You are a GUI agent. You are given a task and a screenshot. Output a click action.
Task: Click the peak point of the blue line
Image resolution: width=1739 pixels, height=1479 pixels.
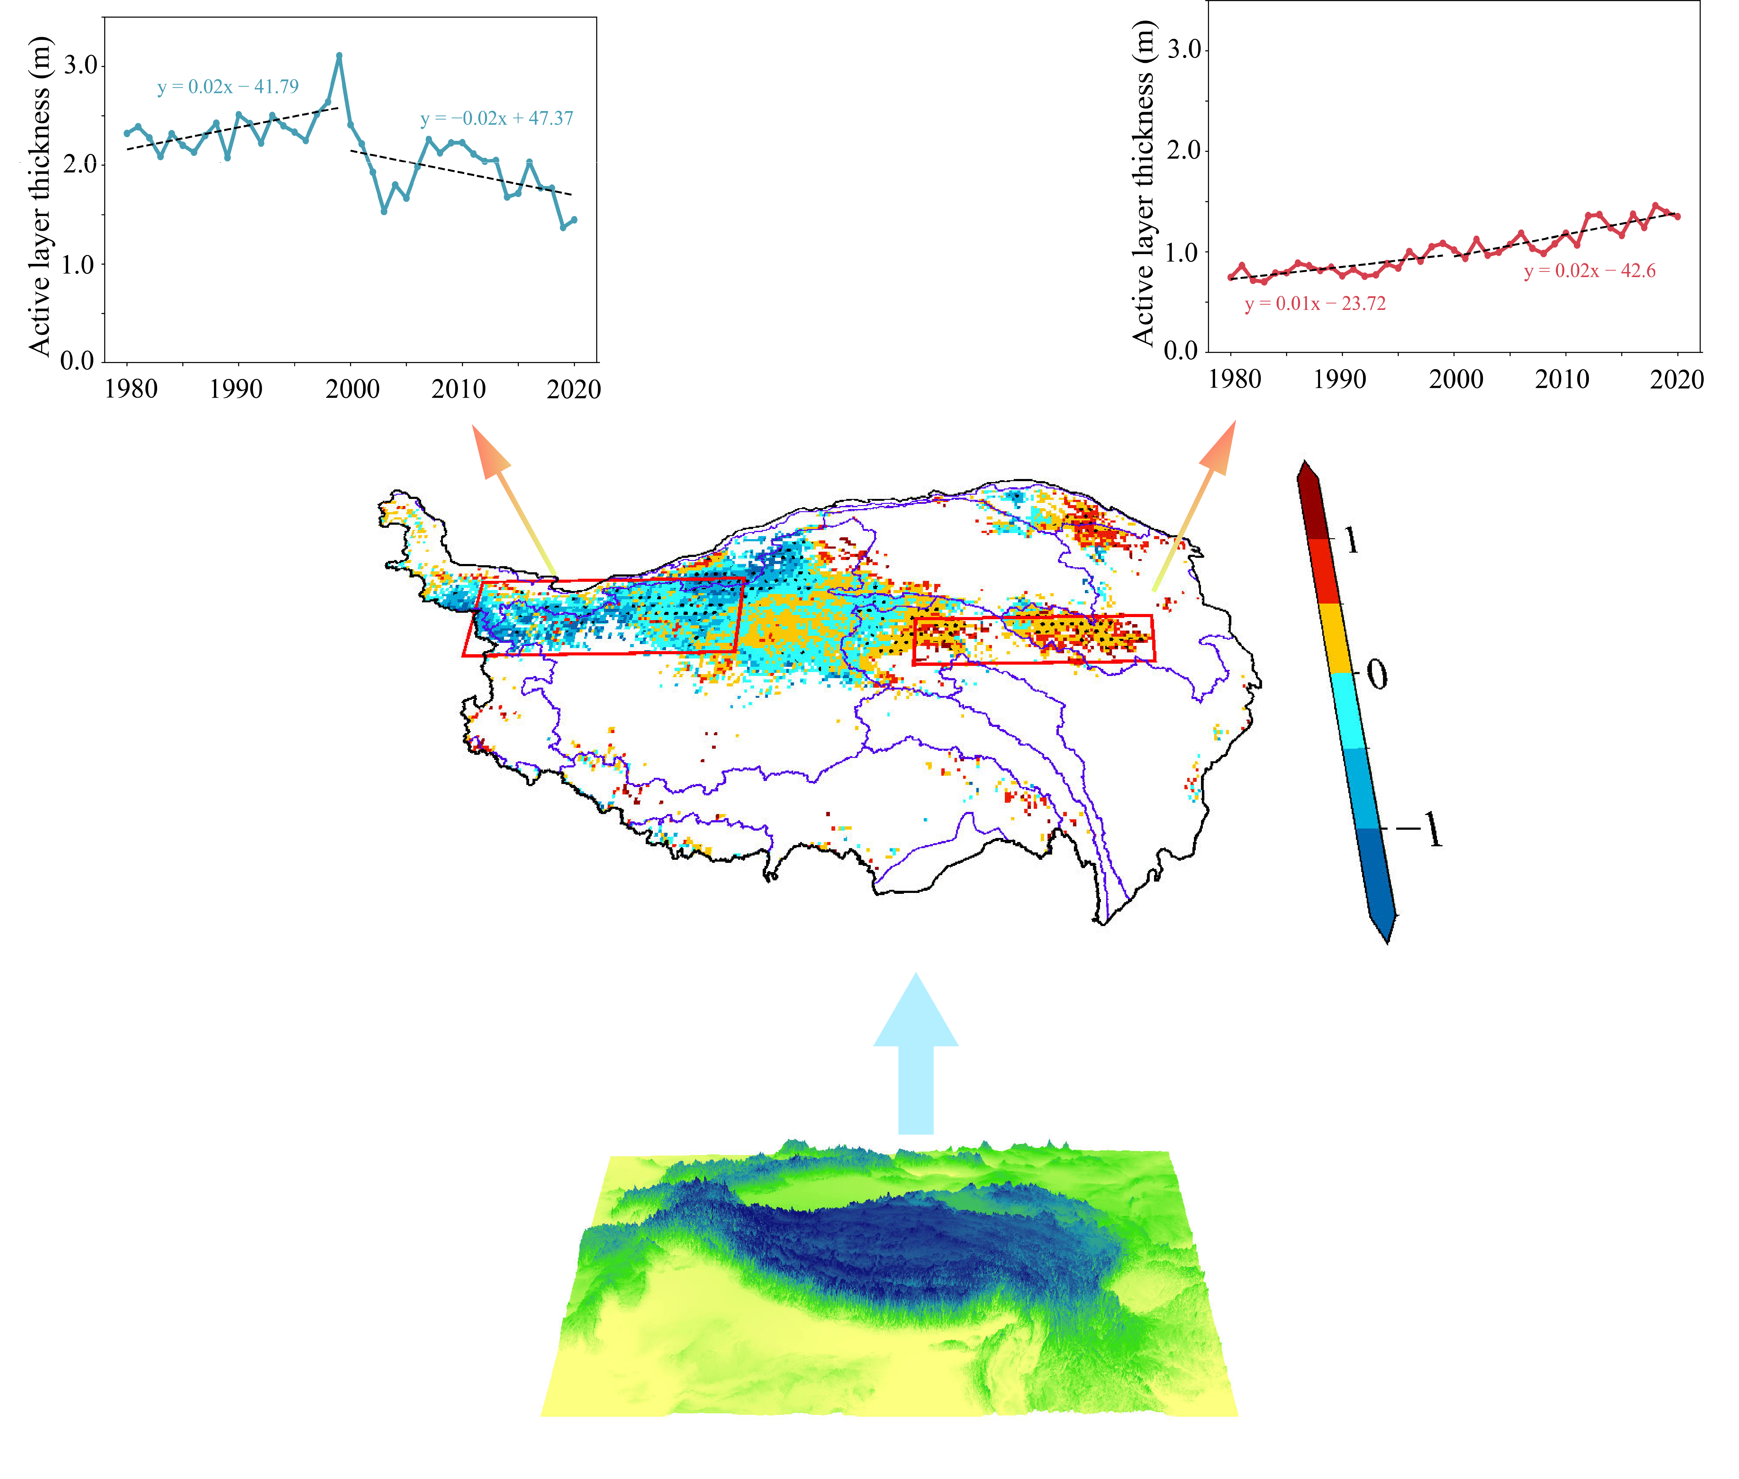click(x=339, y=55)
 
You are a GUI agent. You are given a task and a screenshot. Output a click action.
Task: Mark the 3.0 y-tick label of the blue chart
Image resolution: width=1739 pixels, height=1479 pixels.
click(x=80, y=65)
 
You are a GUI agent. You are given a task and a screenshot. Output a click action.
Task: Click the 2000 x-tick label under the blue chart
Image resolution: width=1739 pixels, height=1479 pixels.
click(x=352, y=389)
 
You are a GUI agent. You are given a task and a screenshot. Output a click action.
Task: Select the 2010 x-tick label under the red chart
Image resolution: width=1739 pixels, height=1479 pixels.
click(x=1561, y=379)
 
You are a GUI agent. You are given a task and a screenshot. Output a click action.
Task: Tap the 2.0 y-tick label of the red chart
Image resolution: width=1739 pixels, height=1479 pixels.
click(x=1183, y=151)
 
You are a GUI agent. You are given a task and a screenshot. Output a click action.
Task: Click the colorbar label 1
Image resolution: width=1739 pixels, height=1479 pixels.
click(x=1351, y=541)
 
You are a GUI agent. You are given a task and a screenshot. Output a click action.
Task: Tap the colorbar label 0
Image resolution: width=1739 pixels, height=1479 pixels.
click(x=1376, y=674)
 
